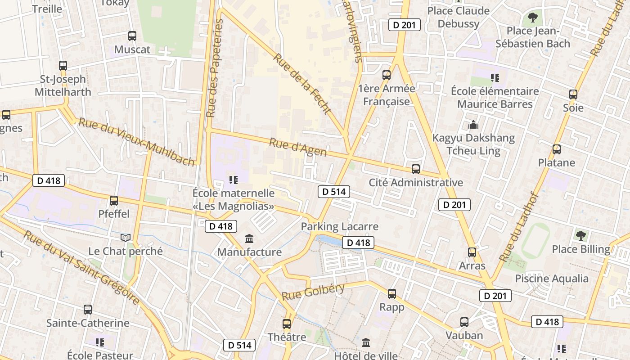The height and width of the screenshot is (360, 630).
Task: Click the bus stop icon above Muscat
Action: coord(132,36)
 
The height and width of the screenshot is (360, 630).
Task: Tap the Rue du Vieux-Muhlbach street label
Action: coord(137,141)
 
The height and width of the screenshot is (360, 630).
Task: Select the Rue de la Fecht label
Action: coord(302,84)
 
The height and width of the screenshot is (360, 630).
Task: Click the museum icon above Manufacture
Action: coord(249,238)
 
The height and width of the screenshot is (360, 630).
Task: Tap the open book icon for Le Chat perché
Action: coord(126,238)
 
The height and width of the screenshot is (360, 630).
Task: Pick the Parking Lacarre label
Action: coord(340,226)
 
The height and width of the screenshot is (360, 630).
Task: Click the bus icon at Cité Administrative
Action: coord(416,169)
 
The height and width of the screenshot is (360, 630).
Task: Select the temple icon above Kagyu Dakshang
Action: coord(473,125)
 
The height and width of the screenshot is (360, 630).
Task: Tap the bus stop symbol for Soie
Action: coord(573,94)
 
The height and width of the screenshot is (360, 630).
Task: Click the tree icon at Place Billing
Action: coord(581,235)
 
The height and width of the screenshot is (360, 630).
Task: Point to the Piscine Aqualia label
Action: coord(552,279)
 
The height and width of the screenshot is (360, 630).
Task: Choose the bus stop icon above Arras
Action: coord(472,252)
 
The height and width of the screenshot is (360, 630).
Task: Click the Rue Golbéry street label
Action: coord(313,292)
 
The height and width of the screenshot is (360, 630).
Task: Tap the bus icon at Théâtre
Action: coord(287,324)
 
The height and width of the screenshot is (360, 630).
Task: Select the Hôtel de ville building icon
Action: coord(366,343)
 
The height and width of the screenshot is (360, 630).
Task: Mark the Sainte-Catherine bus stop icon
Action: coord(88,310)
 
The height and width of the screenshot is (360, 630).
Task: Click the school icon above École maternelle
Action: coord(233,180)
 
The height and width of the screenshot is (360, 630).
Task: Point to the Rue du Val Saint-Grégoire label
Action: coord(81,267)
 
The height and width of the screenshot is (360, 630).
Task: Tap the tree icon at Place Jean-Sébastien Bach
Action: coord(532,18)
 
